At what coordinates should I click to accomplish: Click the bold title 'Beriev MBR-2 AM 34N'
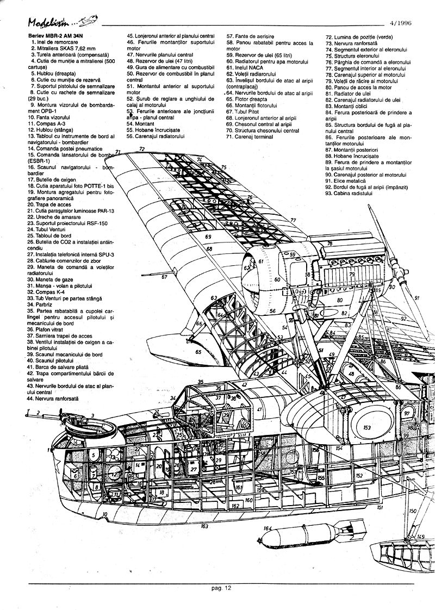click(52, 36)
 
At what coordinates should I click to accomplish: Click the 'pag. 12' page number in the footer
click(222, 588)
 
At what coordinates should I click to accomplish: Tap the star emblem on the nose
click(60, 452)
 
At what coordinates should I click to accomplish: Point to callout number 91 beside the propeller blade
click(417, 298)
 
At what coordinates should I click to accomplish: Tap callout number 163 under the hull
click(204, 526)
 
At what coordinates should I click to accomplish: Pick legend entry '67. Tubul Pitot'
click(244, 111)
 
